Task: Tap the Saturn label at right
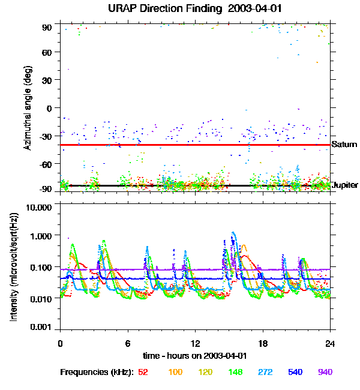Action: coord(344,145)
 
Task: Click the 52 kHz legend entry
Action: coord(143,372)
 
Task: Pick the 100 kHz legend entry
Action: coord(175,372)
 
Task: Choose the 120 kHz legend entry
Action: coord(206,372)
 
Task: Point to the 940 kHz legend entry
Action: coord(325,372)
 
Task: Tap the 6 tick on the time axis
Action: coord(128,344)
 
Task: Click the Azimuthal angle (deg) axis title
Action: coord(27,107)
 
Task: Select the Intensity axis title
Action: coord(13,266)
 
